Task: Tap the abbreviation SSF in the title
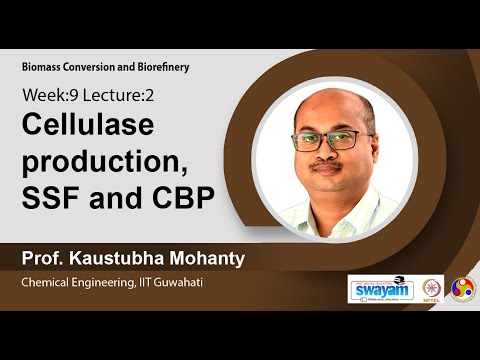click(x=51, y=197)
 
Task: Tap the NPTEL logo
click(x=433, y=288)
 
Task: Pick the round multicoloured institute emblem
click(x=463, y=288)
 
